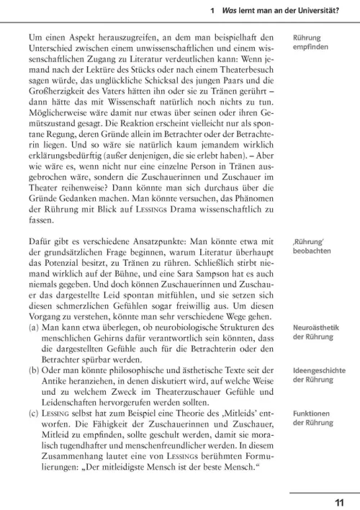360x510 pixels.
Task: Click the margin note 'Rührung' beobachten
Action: [312, 246]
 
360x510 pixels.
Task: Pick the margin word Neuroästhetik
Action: [315, 328]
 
